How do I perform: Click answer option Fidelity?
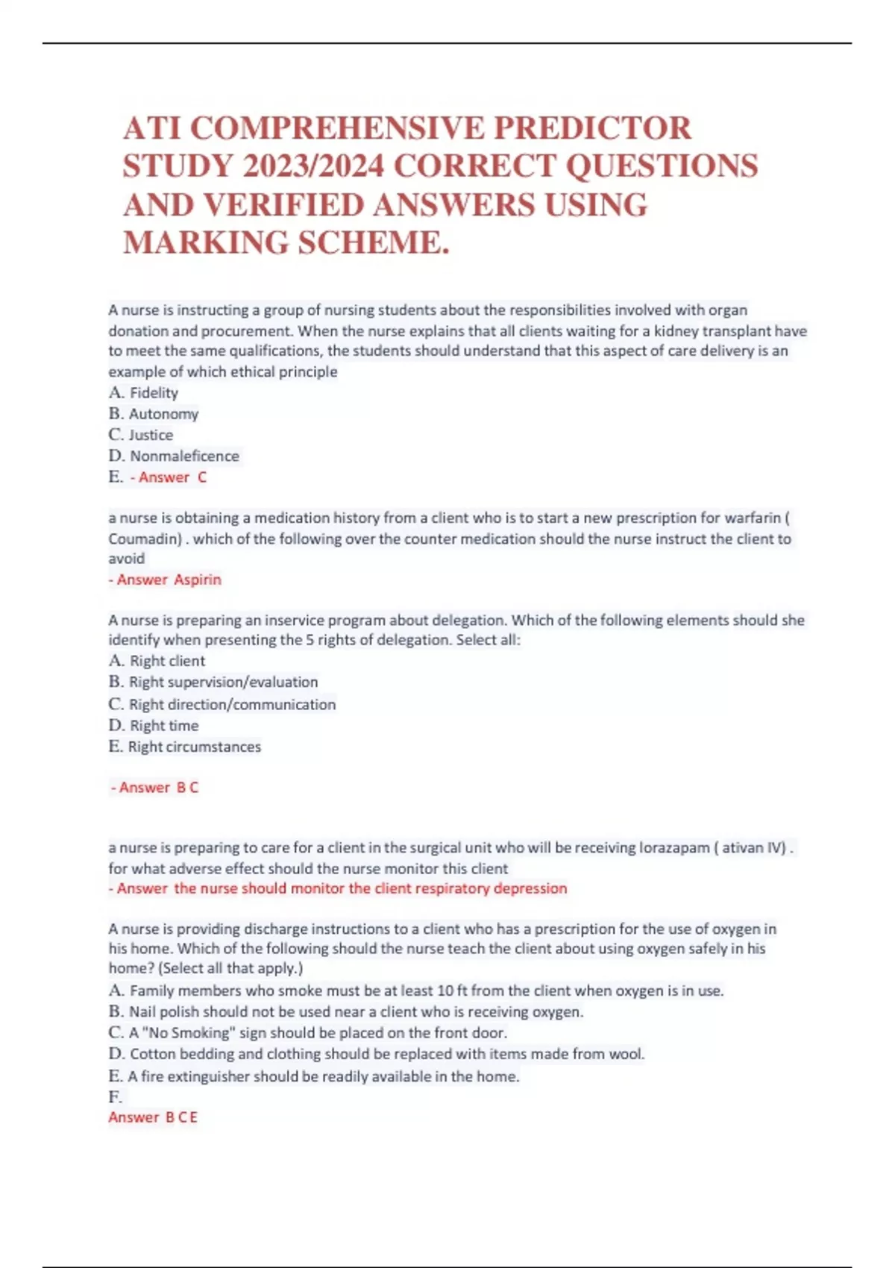click(154, 393)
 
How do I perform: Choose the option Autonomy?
click(163, 414)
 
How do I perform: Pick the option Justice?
click(151, 435)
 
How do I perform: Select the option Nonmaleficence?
click(184, 456)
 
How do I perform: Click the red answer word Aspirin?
click(198, 580)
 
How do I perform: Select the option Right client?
click(167, 661)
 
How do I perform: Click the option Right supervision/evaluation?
click(223, 682)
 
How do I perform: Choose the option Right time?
click(164, 726)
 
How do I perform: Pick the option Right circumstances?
click(194, 747)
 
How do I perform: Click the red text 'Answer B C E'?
click(153, 1117)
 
